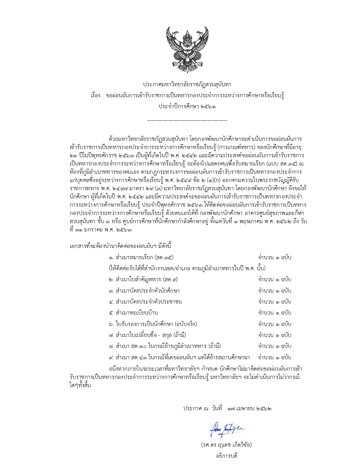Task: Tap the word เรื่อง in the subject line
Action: pos(96,95)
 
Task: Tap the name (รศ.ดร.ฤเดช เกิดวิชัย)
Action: pos(226,445)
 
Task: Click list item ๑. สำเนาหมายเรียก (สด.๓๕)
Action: pos(141,257)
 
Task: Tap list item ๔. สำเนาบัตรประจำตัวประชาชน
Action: pos(145,302)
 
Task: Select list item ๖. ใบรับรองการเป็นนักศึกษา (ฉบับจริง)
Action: pos(153,324)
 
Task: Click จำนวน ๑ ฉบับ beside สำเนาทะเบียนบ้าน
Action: pos(275,313)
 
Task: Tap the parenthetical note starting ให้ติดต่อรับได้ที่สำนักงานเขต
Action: pos(187,268)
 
